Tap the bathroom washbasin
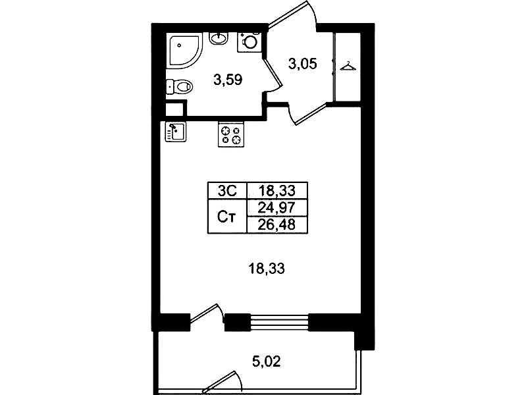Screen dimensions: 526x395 pos(219,38)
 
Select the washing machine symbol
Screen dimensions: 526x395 pos(250,42)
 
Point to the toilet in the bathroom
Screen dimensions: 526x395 pos(180,87)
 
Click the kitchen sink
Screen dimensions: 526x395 pos(176,132)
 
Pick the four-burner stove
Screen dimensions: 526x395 pos(231,134)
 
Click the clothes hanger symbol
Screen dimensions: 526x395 pos(348,66)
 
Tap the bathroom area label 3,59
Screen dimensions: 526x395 pos(228,80)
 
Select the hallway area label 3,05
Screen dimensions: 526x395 pos(303,63)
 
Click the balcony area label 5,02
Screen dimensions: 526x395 pos(267,361)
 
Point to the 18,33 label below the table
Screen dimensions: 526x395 pos(267,269)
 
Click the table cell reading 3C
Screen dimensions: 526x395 pos(227,191)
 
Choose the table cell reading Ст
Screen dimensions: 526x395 pos(227,216)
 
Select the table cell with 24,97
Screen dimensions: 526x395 pos(277,208)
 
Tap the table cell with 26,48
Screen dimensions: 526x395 pos(277,224)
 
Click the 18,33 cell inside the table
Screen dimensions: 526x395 pos(277,191)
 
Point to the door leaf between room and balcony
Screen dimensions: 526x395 pos(204,313)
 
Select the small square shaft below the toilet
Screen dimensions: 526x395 pos(174,109)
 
